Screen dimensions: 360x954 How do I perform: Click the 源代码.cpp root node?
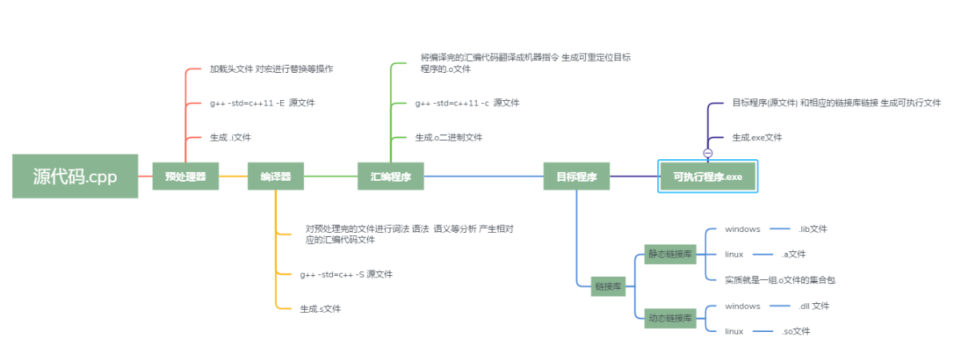click(74, 176)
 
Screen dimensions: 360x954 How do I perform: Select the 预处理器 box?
click(186, 177)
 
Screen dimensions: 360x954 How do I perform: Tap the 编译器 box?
click(275, 177)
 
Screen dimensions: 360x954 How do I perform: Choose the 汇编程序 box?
click(391, 177)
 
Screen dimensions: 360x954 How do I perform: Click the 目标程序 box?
click(576, 177)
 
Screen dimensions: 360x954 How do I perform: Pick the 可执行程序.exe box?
click(707, 176)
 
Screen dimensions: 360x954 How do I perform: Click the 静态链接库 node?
click(670, 254)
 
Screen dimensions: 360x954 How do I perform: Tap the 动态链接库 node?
click(670, 318)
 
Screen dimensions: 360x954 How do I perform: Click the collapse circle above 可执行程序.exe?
click(707, 153)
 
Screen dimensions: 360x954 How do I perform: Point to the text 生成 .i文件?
click(230, 138)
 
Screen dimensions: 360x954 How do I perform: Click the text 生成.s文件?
click(320, 309)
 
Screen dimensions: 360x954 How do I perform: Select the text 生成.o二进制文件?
click(448, 138)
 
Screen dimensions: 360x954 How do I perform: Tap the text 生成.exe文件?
click(756, 138)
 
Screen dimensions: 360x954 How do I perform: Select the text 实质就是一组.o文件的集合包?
click(780, 280)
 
